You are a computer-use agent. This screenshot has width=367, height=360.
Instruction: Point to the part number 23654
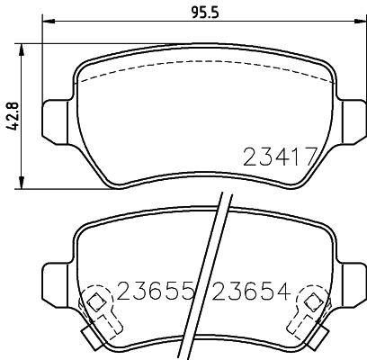pyautogui.click(x=250, y=292)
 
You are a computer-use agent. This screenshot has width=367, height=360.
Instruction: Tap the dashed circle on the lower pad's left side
pyautogui.click(x=94, y=303)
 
